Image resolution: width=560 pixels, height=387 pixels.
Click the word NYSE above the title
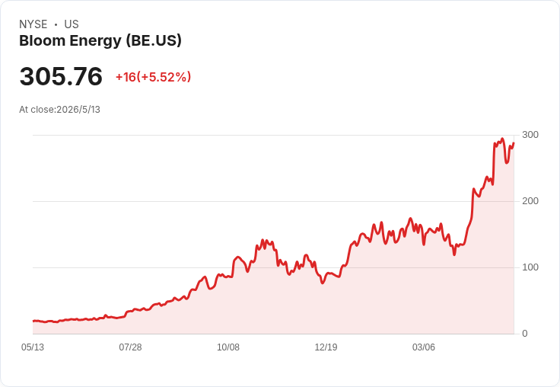click(33, 24)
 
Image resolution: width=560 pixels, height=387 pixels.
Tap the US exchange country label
click(72, 24)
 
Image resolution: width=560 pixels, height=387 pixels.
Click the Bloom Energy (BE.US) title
click(100, 41)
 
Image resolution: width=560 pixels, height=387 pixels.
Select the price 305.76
click(61, 76)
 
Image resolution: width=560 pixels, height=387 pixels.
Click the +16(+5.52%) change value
click(153, 77)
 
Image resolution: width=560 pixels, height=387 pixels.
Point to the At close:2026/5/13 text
click(59, 110)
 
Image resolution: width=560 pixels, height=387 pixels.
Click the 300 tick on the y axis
click(530, 135)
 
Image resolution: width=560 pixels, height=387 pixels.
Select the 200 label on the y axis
click(530, 201)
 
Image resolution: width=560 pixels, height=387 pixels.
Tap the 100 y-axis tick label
click(530, 267)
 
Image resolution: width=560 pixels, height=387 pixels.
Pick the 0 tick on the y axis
click(525, 334)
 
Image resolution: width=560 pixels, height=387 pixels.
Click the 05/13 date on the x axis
click(33, 347)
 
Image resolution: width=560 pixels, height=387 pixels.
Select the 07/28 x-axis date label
click(130, 347)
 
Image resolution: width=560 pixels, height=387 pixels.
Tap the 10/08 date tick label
click(228, 347)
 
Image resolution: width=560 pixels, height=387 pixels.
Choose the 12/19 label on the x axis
click(326, 347)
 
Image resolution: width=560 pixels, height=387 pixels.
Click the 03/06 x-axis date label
click(424, 347)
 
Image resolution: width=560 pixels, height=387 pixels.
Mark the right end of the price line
click(514, 143)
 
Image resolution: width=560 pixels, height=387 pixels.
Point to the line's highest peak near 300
click(502, 139)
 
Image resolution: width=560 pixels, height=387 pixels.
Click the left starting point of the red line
click(33, 321)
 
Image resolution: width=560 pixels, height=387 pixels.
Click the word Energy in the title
click(95, 41)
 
